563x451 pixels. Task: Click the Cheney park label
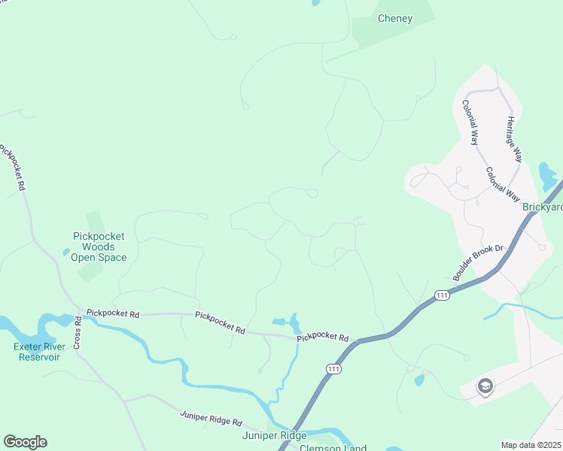click(x=395, y=19)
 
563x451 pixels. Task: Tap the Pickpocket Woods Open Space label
click(x=99, y=247)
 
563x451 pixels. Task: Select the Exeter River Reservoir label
click(x=36, y=351)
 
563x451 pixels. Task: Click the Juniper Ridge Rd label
click(x=211, y=419)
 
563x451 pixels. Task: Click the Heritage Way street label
click(x=514, y=139)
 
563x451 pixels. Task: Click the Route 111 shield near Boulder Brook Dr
click(x=442, y=296)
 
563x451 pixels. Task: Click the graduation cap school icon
click(x=485, y=387)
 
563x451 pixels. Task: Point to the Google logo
click(x=25, y=442)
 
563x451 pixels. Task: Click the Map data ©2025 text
click(x=531, y=445)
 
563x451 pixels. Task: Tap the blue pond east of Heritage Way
click(x=547, y=177)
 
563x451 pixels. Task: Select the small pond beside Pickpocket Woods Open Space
click(x=67, y=253)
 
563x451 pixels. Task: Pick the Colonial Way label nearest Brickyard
click(x=503, y=183)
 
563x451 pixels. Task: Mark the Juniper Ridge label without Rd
click(x=274, y=436)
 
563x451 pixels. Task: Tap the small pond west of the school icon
click(x=418, y=380)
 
